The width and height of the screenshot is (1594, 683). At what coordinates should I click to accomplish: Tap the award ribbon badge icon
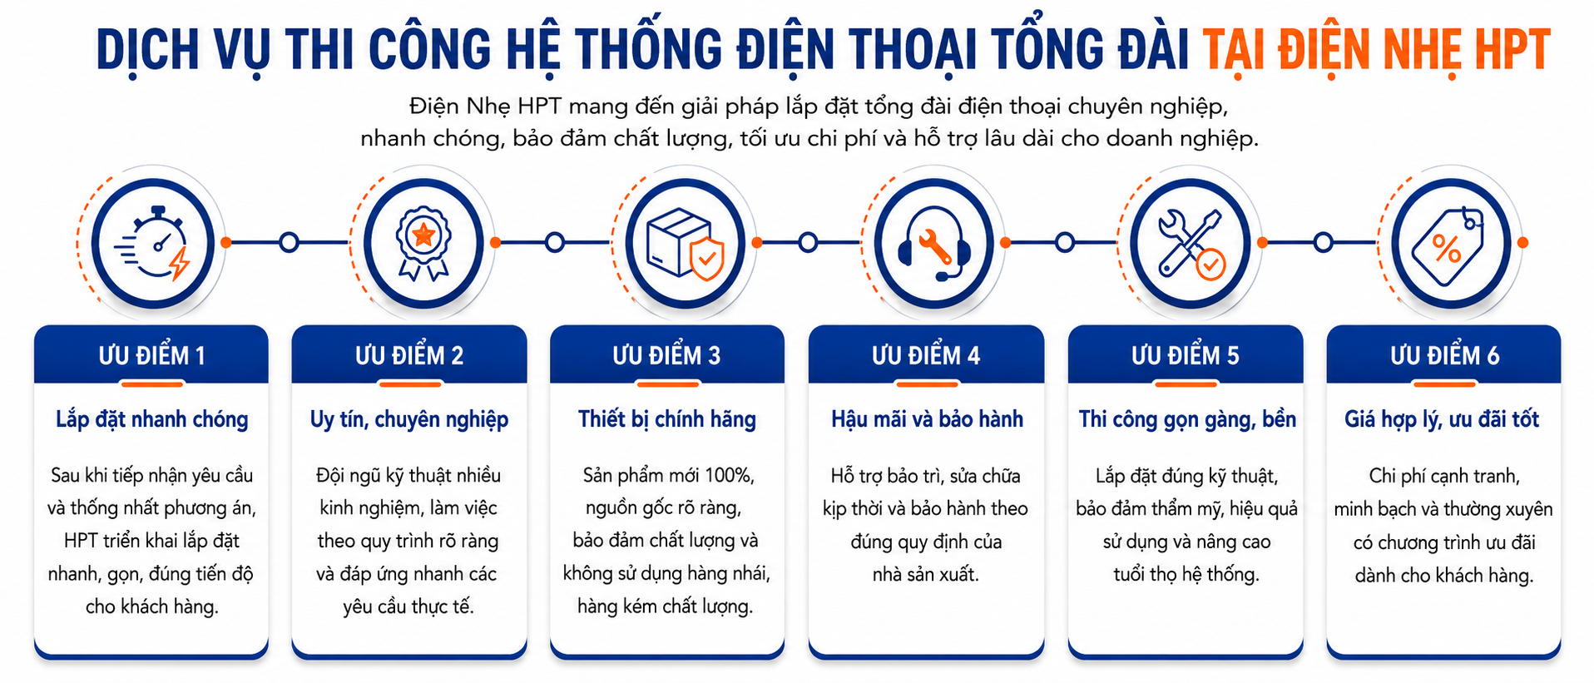[423, 242]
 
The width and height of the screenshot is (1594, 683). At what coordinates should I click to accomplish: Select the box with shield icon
[685, 244]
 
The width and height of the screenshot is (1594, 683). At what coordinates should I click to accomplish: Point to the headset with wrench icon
[934, 244]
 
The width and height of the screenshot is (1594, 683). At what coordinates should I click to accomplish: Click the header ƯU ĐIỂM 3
[666, 355]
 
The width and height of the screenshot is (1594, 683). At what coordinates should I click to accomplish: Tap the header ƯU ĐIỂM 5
[1185, 355]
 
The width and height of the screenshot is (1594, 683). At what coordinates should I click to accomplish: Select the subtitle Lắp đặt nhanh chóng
[152, 419]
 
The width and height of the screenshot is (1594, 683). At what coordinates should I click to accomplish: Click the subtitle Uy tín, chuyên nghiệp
[409, 419]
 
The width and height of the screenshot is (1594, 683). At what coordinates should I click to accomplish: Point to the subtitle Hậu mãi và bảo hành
[927, 419]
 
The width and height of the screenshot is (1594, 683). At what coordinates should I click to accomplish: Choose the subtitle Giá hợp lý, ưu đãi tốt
[1442, 419]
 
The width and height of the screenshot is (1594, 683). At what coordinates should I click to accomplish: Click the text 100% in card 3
[729, 475]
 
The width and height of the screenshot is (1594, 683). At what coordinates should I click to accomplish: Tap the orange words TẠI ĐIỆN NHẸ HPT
[1377, 50]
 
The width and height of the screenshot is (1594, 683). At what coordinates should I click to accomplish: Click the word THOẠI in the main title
[912, 50]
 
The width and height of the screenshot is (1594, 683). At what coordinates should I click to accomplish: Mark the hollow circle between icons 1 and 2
[289, 243]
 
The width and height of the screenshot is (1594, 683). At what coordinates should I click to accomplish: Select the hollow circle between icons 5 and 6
[1323, 243]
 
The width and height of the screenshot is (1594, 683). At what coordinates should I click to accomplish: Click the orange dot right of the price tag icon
[1522, 243]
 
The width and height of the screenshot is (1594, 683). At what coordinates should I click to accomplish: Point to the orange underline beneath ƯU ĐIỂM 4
[927, 384]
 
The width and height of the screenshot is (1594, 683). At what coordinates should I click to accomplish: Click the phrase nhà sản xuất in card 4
[926, 574]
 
